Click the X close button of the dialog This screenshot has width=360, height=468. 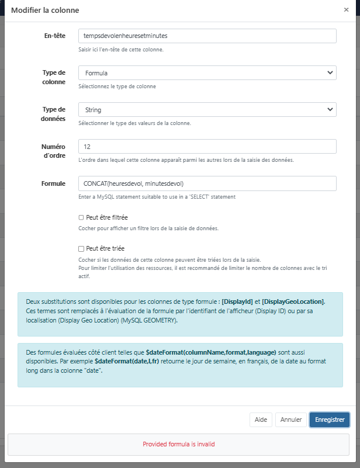tap(347, 10)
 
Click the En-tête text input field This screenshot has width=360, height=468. tap(207, 36)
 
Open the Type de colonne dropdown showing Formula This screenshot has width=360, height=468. tap(207, 73)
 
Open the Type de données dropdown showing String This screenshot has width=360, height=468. tap(207, 110)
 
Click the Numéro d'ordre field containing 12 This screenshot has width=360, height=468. tap(207, 147)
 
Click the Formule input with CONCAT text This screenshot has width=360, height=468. tap(207, 183)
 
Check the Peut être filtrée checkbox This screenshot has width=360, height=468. tap(81, 217)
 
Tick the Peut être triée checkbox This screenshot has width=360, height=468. tap(81, 249)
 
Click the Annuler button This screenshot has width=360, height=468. tap(291, 420)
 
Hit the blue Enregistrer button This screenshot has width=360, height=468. tap(330, 420)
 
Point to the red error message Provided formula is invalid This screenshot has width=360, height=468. tap(179, 444)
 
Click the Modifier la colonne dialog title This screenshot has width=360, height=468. tap(45, 10)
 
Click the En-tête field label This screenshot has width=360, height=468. tap(54, 36)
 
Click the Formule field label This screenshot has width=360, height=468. tap(53, 183)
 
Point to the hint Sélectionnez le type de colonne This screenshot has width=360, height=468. tap(117, 86)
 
